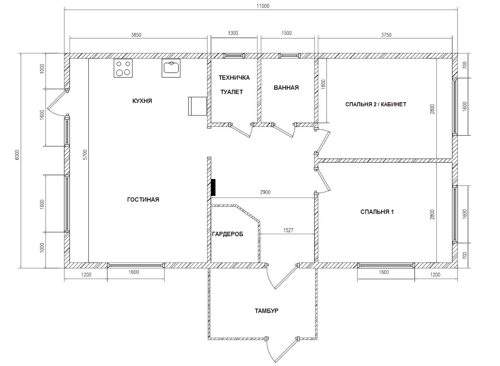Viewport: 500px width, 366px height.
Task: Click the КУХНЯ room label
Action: tap(142, 101)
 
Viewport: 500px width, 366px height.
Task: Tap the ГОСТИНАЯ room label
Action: tap(143, 199)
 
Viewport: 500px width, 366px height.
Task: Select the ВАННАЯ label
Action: tap(286, 88)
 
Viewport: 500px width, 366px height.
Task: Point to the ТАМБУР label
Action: tap(267, 311)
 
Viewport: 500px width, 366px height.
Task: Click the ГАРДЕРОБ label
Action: tap(227, 234)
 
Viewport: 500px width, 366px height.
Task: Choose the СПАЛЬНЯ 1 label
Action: tap(377, 212)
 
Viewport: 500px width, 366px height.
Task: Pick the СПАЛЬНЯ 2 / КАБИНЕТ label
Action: tap(376, 104)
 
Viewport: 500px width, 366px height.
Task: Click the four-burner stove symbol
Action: tap(123, 68)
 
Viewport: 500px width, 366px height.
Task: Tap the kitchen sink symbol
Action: tap(171, 68)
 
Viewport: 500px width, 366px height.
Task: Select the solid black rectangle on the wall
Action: tap(213, 187)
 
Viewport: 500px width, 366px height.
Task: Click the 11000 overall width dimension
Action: tap(263, 6)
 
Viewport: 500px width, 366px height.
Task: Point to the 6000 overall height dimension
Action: tap(17, 155)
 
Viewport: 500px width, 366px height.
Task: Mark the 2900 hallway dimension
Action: tap(265, 192)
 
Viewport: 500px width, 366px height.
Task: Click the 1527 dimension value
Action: tap(288, 230)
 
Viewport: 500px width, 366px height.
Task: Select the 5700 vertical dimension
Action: tap(85, 155)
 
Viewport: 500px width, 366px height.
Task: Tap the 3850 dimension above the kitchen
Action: tap(136, 35)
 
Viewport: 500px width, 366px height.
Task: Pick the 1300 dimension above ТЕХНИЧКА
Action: tap(233, 33)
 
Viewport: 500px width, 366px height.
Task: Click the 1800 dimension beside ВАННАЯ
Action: tap(323, 85)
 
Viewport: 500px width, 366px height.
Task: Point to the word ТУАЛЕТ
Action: tap(232, 92)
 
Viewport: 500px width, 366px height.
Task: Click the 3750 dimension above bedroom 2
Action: tap(386, 35)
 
